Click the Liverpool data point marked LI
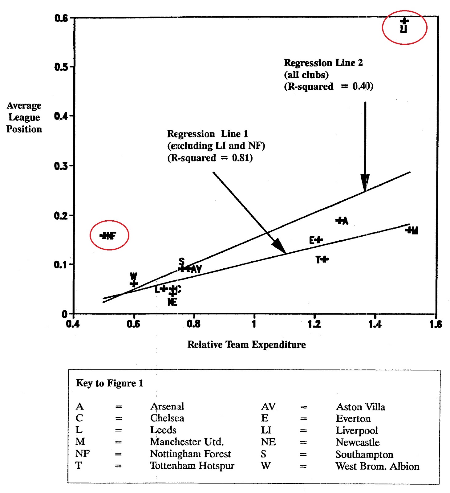point(404,21)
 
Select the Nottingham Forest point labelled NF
point(104,236)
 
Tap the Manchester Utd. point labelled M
point(409,230)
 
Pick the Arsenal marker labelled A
point(340,220)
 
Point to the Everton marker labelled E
point(319,240)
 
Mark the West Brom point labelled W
point(134,284)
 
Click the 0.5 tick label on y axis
point(61,67)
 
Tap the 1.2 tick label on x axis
point(314,324)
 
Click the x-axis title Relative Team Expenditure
point(246,344)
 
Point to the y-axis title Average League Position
point(24,117)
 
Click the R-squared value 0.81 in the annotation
point(242,158)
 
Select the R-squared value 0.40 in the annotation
point(362,86)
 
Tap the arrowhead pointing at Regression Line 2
point(365,183)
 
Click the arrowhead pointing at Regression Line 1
point(280,246)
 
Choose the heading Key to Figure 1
point(110,383)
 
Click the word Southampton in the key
point(364,454)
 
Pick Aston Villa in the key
point(360,407)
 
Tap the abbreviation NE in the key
point(268,442)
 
